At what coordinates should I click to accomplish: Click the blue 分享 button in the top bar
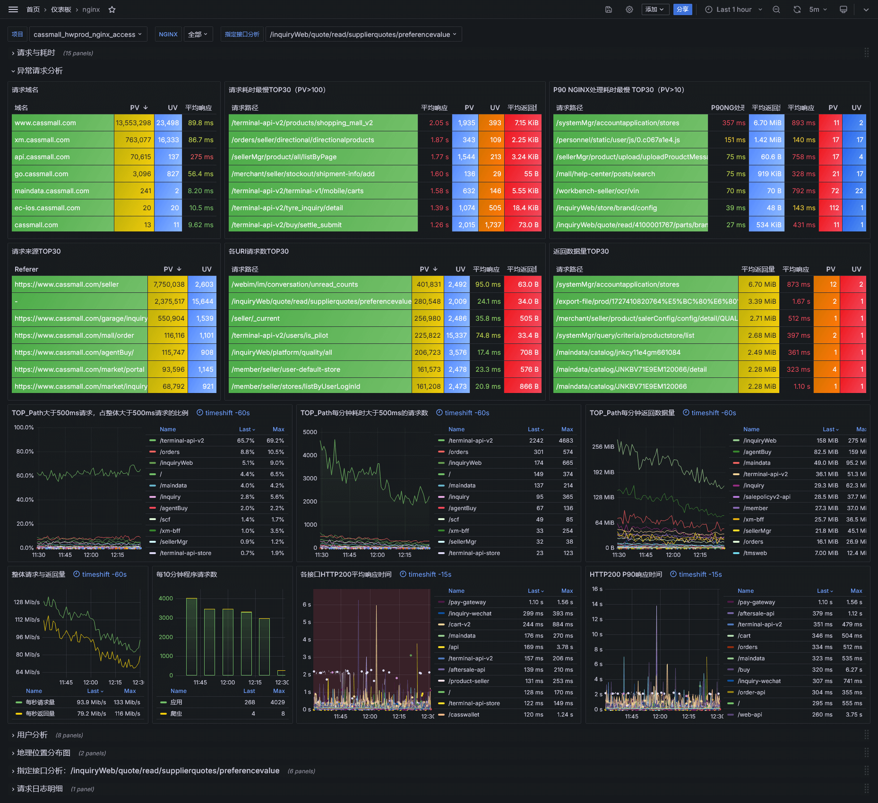point(682,9)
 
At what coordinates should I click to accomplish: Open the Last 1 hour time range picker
point(733,9)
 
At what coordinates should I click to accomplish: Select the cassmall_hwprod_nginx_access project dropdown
point(88,34)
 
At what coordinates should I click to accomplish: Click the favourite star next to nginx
point(112,9)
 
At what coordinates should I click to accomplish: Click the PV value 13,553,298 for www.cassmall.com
point(133,123)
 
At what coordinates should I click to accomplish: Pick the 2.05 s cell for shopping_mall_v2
point(439,123)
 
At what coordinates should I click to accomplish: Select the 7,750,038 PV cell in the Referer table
point(169,284)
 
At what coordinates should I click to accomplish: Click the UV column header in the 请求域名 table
point(172,108)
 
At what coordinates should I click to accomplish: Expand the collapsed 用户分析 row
point(32,735)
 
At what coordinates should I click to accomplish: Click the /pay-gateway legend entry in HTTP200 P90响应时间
point(756,602)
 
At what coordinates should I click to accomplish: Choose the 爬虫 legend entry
point(176,714)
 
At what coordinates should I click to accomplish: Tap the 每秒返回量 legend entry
point(40,714)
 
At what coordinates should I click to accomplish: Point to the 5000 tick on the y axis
point(310,432)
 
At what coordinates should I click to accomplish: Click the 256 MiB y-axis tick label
point(603,447)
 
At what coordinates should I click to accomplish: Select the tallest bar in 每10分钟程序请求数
point(191,636)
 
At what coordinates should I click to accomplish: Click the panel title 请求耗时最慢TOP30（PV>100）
point(277,90)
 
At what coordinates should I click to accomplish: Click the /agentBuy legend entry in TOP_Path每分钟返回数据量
point(757,452)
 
